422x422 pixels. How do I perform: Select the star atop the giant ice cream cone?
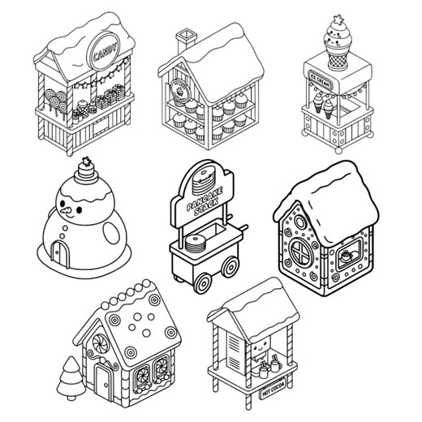coord(337,20)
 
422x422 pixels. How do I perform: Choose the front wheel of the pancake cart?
coord(204,281)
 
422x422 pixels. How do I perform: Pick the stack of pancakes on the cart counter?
coord(196,243)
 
